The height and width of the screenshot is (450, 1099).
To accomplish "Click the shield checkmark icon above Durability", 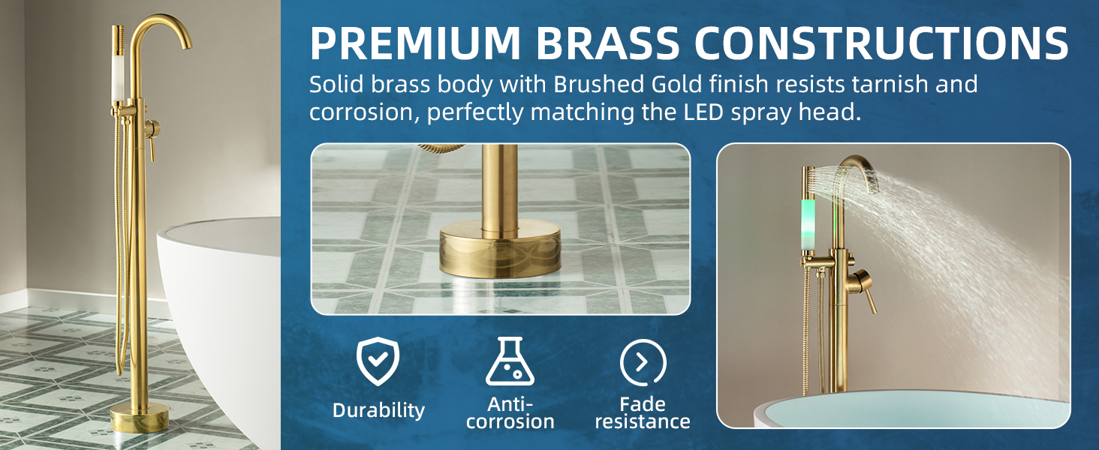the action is (378, 361).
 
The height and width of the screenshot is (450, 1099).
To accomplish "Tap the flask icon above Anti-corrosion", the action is (510, 361).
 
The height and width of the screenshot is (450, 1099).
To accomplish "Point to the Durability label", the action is (378, 410).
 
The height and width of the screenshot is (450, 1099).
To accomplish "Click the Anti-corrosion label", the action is (510, 413).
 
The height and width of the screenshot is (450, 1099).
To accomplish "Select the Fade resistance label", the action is (643, 413).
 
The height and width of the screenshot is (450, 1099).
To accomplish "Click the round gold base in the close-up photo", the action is (499, 249).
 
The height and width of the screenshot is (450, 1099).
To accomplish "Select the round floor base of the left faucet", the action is (140, 418).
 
